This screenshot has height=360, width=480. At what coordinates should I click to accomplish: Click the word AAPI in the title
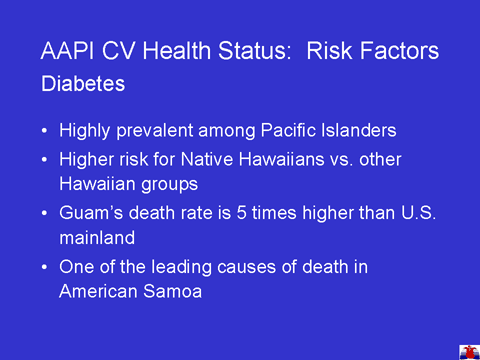click(x=67, y=51)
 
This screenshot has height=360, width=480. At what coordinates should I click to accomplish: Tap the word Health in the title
click(x=177, y=51)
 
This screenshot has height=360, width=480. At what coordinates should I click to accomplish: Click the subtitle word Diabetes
click(x=83, y=83)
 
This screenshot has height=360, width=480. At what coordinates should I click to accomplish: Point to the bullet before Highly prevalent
click(x=45, y=131)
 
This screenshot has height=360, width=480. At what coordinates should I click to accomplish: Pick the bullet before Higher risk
click(x=45, y=160)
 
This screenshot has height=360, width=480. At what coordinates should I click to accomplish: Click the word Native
click(x=207, y=159)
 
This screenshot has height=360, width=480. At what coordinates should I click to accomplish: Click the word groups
click(x=169, y=185)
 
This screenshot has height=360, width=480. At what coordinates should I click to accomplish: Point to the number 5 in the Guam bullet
click(x=241, y=213)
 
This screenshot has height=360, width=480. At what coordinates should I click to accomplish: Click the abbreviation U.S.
click(x=418, y=213)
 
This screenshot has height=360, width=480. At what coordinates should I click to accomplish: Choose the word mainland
click(x=97, y=238)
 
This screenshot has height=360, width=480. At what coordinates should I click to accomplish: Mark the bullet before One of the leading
click(x=45, y=267)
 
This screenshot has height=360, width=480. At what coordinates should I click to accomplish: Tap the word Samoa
click(x=172, y=291)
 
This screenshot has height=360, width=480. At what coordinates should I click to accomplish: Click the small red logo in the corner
click(x=469, y=353)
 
